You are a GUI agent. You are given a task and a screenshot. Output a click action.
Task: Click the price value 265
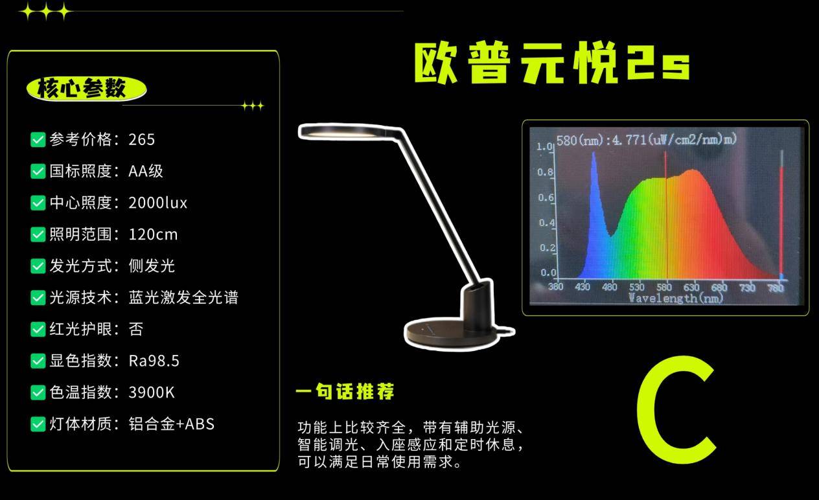tap(141, 140)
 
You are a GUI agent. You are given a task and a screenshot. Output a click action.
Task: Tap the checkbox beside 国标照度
tap(38, 172)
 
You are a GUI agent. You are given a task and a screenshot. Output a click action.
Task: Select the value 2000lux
tap(157, 203)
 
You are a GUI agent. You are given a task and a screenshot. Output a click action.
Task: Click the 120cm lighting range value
tap(153, 234)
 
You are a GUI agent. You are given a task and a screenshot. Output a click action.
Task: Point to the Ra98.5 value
tap(154, 361)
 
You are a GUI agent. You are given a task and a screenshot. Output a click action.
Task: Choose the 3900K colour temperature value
tap(152, 392)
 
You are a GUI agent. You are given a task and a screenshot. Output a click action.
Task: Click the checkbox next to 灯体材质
tap(38, 424)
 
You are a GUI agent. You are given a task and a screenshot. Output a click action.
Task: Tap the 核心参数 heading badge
tap(86, 89)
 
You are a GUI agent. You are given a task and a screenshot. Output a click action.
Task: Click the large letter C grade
tap(676, 410)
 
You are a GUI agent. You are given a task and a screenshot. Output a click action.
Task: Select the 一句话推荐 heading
tap(345, 391)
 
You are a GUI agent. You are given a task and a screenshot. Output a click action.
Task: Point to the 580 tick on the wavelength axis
tap(663, 288)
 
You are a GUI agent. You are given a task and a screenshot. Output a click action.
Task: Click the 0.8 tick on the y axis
tap(545, 172)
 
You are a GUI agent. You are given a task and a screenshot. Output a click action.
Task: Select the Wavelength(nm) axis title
tap(676, 298)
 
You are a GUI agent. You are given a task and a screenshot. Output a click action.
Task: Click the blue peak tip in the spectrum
tap(594, 153)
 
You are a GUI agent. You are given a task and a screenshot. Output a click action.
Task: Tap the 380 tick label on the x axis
tap(555, 286)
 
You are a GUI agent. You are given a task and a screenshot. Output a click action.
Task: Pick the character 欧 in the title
tap(436, 63)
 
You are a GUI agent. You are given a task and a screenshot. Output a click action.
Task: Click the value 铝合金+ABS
tap(172, 424)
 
